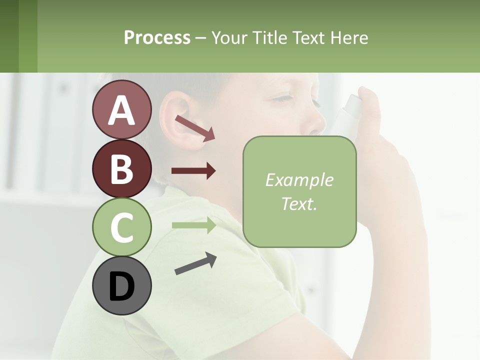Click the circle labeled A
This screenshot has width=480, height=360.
(x=121, y=109)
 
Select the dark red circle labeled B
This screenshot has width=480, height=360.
(x=121, y=168)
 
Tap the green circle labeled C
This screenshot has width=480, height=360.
(x=121, y=227)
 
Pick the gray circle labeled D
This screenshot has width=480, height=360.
(x=121, y=285)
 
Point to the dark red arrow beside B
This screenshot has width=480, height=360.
(x=193, y=171)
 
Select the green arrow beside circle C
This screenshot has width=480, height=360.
(x=193, y=225)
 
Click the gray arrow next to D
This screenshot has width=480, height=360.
(x=195, y=263)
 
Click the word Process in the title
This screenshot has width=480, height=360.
(x=157, y=37)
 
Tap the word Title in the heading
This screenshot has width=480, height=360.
(x=269, y=37)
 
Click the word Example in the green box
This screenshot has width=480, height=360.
(x=299, y=180)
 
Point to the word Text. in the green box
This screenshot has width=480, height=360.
(x=299, y=203)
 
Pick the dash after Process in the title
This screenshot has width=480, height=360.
(x=200, y=38)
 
